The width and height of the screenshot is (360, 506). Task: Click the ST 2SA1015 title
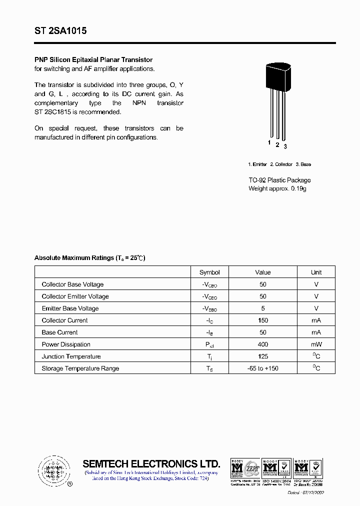coord(60,31)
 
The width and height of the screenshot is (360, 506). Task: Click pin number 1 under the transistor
coord(269,143)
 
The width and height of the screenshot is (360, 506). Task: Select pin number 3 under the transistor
coord(285,146)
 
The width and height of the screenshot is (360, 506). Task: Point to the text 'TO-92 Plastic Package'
coord(279,180)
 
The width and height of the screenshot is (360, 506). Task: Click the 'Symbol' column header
coord(209,272)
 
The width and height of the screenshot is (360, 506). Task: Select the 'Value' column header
coord(262,272)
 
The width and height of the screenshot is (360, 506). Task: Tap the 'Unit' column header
coord(316,272)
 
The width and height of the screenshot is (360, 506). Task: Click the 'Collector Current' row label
coord(64,320)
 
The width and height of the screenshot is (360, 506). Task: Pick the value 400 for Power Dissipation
coord(262,344)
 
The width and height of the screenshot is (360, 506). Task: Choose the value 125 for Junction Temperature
coord(262,356)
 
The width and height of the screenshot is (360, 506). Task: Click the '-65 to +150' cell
coord(262,368)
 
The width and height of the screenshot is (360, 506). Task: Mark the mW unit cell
coord(316,344)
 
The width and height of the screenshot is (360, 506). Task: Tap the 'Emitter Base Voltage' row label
coord(70,308)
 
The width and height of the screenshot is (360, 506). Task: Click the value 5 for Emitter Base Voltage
coord(262,308)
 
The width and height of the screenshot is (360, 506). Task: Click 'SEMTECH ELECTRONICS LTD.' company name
coord(151,463)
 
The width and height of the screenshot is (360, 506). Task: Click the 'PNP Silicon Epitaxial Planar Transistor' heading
coord(93,60)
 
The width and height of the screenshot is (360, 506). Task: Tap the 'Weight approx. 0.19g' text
coord(277,188)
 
